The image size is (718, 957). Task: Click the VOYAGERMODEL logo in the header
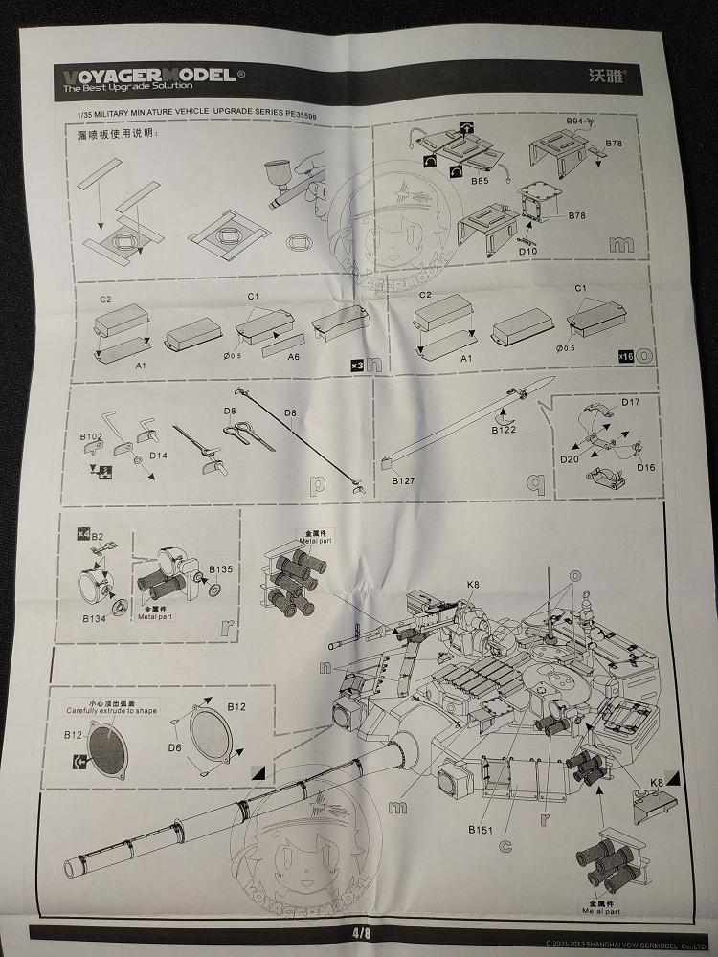pyautogui.click(x=152, y=76)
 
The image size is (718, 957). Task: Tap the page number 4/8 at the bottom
pyautogui.click(x=361, y=930)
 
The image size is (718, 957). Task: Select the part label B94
pyautogui.click(x=574, y=122)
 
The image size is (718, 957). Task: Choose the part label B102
pyautogui.click(x=90, y=435)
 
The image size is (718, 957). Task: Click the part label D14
pyautogui.click(x=158, y=455)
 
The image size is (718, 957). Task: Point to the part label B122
pyautogui.click(x=505, y=432)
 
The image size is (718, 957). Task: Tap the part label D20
pyautogui.click(x=570, y=458)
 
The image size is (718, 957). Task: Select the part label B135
pyautogui.click(x=220, y=568)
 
